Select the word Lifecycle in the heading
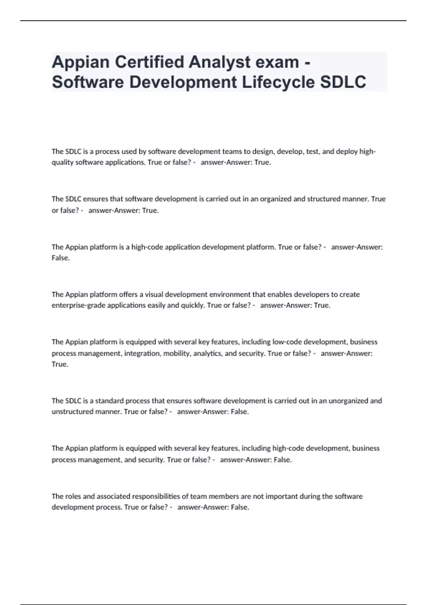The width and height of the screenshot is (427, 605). point(278,82)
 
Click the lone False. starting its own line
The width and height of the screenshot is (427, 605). point(60,258)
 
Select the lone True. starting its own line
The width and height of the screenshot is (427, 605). point(60,364)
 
